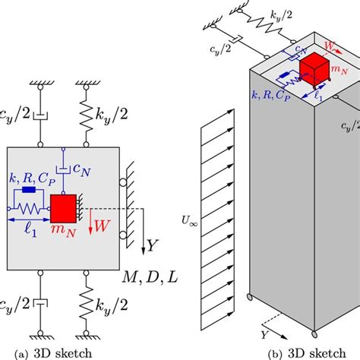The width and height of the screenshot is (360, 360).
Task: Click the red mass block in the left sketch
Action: (x=64, y=208)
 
